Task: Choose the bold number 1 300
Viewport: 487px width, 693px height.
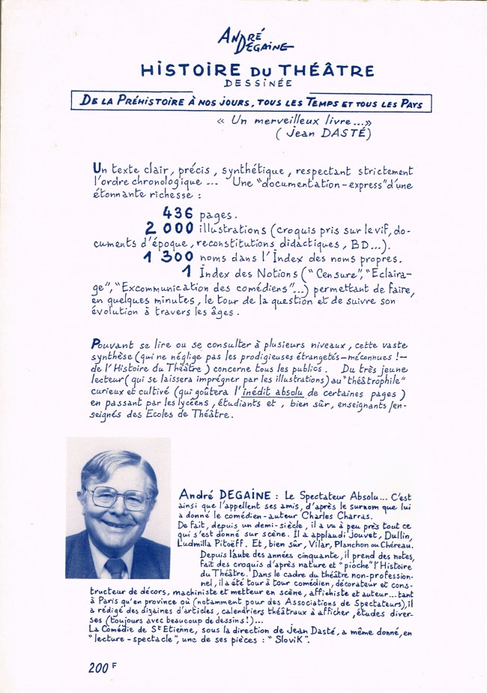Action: pyautogui.click(x=165, y=256)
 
